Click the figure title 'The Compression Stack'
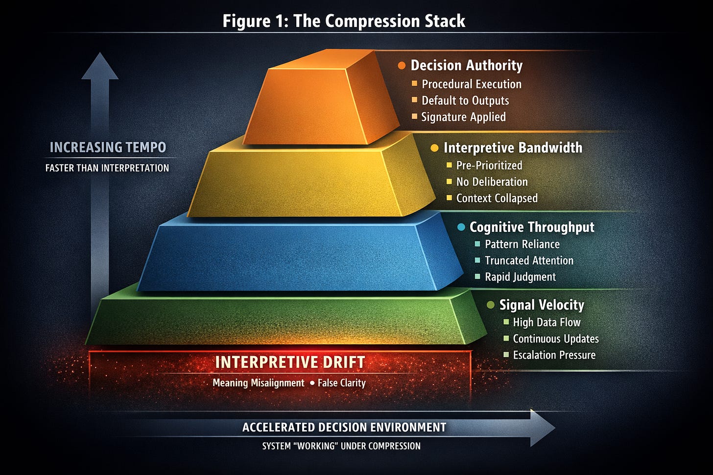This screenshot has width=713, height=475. tap(379, 21)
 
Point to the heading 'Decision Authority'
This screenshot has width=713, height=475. tap(466, 66)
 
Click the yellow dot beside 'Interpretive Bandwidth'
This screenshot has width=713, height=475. tap(434, 148)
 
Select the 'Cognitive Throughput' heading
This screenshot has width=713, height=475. tap(532, 227)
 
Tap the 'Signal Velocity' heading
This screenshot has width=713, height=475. tap(542, 305)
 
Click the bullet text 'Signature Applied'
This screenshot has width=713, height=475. tap(463, 117)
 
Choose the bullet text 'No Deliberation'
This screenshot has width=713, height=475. tap(492, 182)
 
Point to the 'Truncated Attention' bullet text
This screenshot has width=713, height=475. tap(529, 261)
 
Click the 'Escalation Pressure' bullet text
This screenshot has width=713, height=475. tap(554, 355)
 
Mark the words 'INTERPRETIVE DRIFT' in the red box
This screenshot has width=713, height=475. tap(290, 362)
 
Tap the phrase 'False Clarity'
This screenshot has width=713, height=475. tap(342, 383)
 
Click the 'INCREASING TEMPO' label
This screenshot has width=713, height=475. tap(108, 147)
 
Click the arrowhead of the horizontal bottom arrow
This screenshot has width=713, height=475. tap(542, 428)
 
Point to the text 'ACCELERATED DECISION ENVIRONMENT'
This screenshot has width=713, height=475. tap(344, 428)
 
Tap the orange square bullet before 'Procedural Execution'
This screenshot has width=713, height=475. tap(414, 84)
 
